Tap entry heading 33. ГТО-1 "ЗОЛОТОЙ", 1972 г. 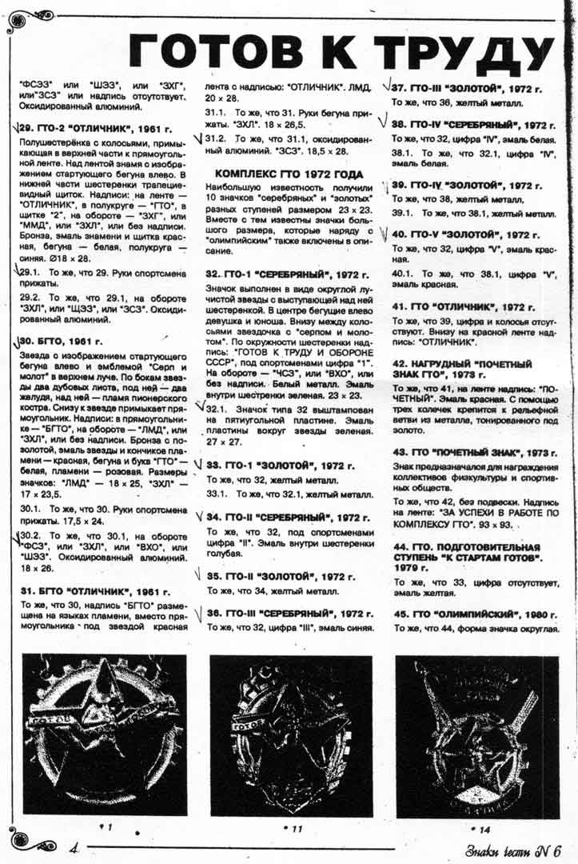(280, 465)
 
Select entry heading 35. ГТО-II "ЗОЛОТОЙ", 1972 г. (281, 575)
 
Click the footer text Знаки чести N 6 (512, 849)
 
